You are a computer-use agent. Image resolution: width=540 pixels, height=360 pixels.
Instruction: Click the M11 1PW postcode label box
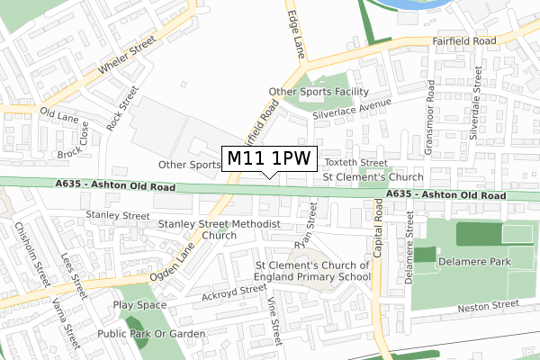point(267,158)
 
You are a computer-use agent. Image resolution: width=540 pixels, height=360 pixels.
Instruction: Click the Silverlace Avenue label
point(350,107)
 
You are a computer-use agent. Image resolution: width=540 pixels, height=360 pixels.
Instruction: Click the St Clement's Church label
point(373,177)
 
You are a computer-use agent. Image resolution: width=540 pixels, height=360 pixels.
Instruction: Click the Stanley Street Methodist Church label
point(220,229)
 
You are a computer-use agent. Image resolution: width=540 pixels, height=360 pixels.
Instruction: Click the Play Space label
point(140,305)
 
